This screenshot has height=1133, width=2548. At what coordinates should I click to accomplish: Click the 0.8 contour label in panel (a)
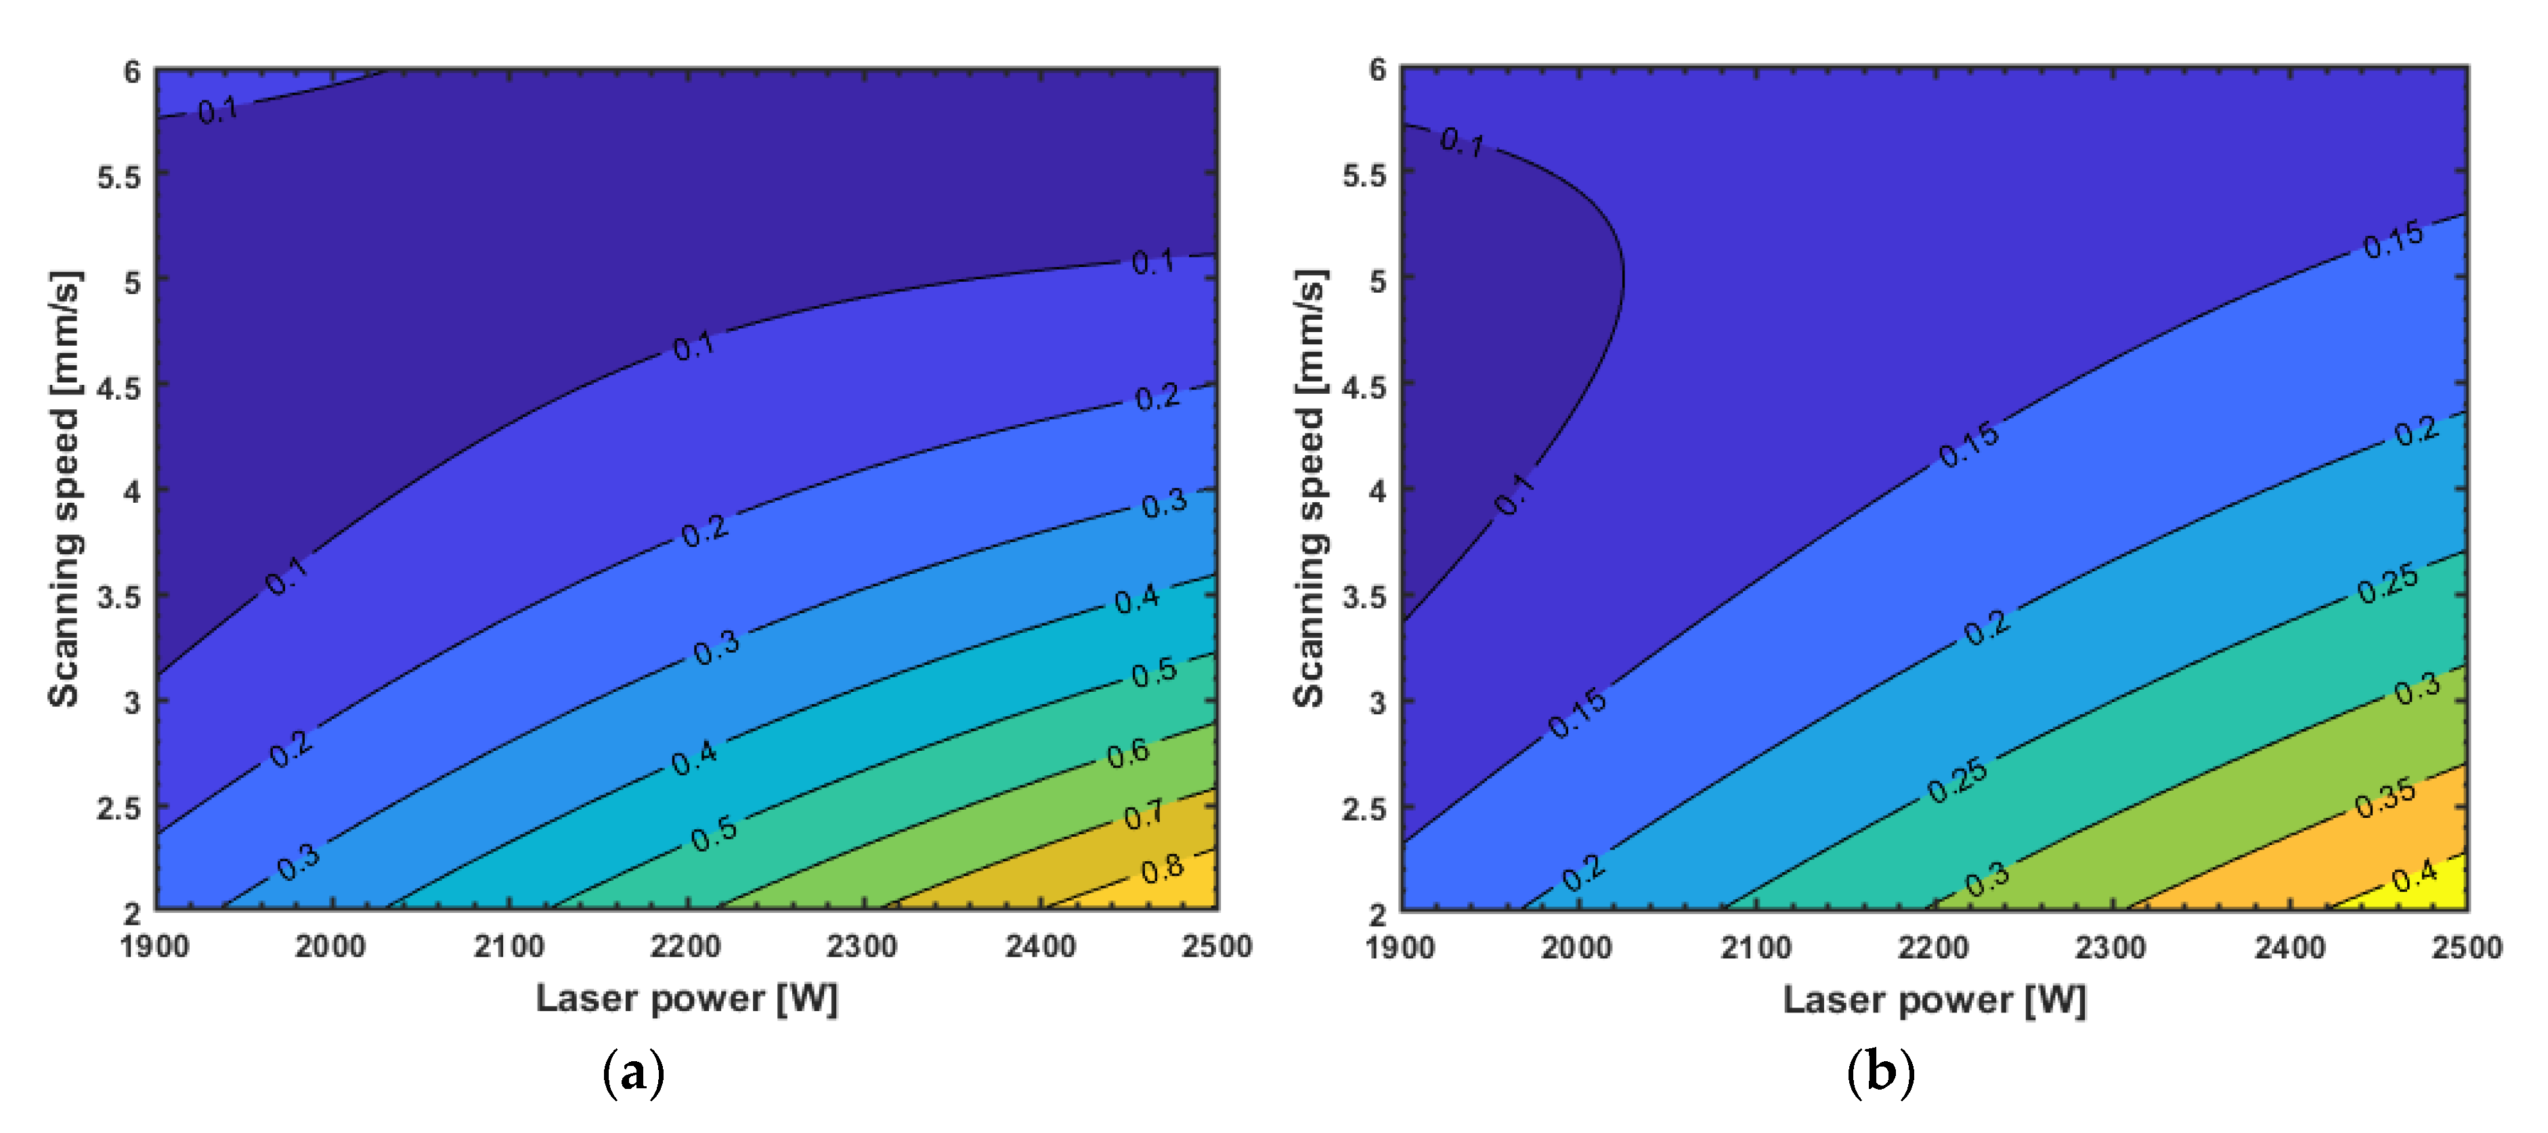tap(1162, 869)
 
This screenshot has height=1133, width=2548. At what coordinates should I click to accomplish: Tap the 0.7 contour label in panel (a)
tap(1144, 815)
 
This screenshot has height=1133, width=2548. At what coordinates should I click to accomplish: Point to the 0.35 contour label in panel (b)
tap(2385, 798)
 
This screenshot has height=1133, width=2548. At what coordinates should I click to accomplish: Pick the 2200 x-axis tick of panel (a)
tap(685, 947)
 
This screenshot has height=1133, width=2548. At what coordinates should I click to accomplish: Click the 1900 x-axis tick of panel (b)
tap(1400, 948)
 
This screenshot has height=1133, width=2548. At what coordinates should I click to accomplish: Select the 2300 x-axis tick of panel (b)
tap(2110, 948)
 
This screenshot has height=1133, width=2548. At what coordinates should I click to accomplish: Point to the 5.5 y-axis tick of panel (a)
tap(118, 177)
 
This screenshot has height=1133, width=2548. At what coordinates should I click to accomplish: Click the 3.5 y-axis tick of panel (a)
tap(118, 598)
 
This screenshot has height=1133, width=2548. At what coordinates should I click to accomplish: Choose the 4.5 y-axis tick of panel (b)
tap(1364, 387)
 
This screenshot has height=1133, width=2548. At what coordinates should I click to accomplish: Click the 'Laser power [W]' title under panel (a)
tap(687, 998)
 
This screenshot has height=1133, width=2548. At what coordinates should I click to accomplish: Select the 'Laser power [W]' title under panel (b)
tap(1934, 1000)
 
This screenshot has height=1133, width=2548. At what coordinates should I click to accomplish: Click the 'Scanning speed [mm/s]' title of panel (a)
tap(64, 489)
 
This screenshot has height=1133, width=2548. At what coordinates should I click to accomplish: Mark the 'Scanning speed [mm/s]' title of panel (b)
tap(1310, 489)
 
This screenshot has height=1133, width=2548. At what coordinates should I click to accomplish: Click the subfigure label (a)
tap(633, 1073)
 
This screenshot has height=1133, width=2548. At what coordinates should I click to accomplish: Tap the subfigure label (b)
tap(1880, 1073)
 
